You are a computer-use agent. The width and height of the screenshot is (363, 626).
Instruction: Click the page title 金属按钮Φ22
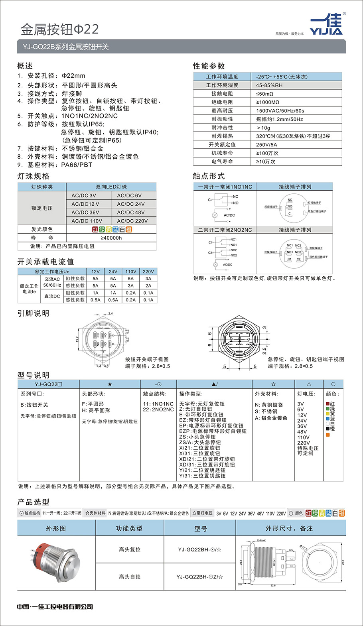pyautogui.click(x=60, y=29)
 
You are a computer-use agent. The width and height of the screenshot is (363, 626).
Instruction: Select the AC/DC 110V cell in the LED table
pyautogui.click(x=87, y=221)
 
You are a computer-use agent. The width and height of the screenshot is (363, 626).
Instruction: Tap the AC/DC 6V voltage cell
pyautogui.click(x=129, y=195)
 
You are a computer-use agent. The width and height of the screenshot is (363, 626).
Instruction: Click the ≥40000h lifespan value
pyautogui.click(x=111, y=238)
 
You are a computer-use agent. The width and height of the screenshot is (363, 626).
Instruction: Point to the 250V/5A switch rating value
pyautogui.click(x=266, y=145)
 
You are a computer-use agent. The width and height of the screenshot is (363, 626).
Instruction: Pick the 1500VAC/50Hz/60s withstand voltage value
pyautogui.click(x=280, y=111)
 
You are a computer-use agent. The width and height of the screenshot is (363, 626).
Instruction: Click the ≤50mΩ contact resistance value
pyautogui.click(x=264, y=94)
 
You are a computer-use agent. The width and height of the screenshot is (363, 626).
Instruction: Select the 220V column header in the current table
pyautogui.click(x=148, y=272)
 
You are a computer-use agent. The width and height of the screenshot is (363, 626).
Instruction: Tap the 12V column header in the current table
pyautogui.click(x=95, y=272)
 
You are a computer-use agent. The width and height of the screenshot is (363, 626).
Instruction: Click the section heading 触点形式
pyautogui.click(x=209, y=176)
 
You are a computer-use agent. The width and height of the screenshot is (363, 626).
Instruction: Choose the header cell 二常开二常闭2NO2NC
pyautogui.click(x=225, y=230)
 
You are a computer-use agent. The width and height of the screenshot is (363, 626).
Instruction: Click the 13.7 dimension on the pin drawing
pyautogui.click(x=77, y=339)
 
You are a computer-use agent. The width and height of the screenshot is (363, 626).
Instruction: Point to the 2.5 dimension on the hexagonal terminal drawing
pyautogui.click(x=264, y=350)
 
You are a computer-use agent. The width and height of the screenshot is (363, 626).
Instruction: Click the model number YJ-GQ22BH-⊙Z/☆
pyautogui.click(x=199, y=577)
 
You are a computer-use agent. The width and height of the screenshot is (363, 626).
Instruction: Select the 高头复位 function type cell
pyautogui.click(x=130, y=549)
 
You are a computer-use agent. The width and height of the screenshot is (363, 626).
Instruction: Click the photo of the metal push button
pyautogui.click(x=56, y=562)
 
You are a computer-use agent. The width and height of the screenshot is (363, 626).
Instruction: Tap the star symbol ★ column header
pyautogui.click(x=110, y=384)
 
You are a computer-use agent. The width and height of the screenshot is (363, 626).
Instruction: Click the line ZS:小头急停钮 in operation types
pyautogui.click(x=197, y=437)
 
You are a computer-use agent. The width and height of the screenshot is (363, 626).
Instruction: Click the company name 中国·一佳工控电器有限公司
pyautogui.click(x=55, y=606)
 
